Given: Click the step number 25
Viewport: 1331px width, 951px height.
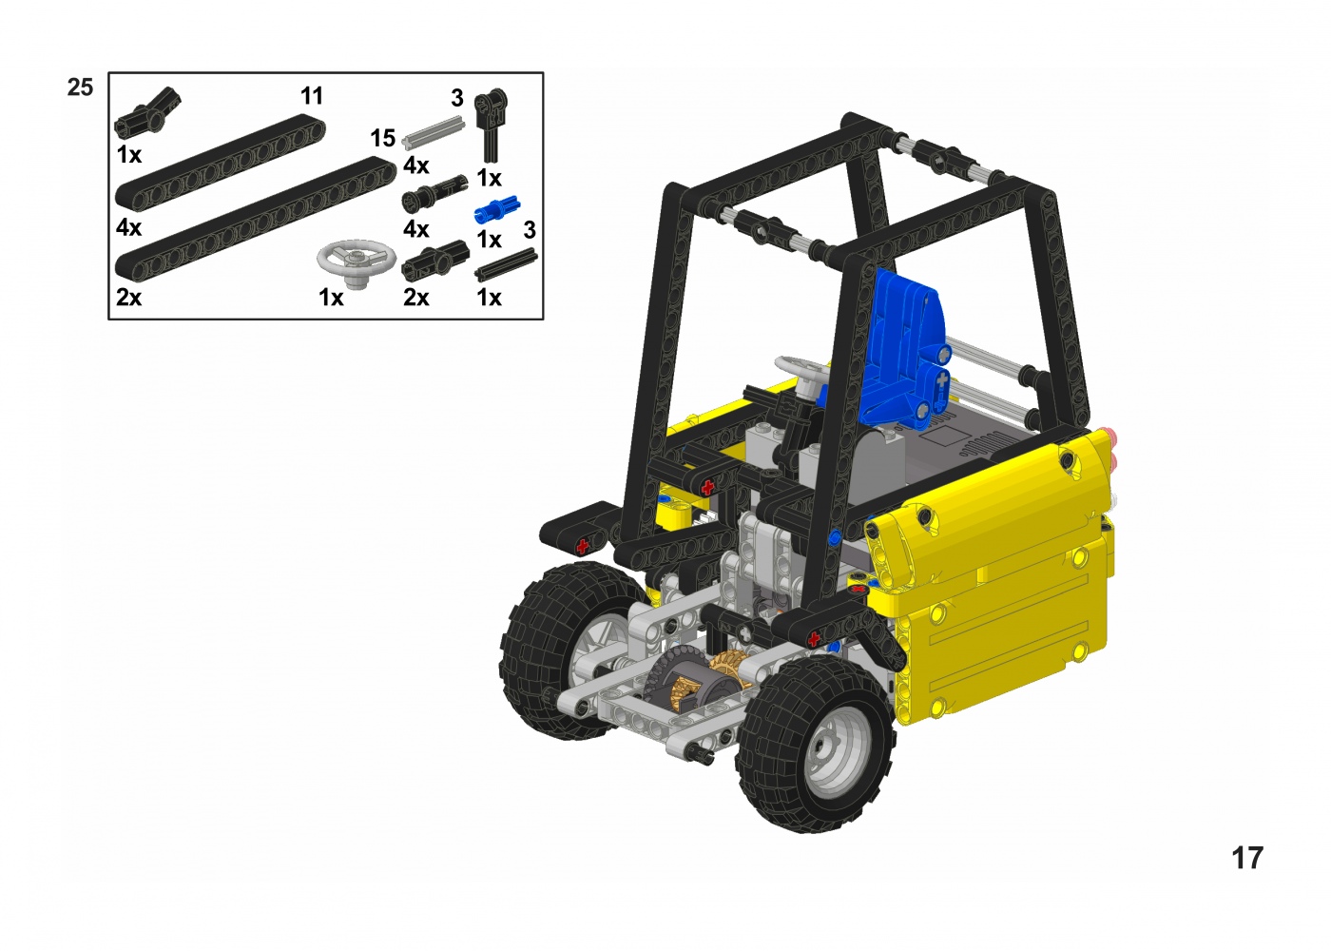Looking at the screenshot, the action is pyautogui.click(x=80, y=87).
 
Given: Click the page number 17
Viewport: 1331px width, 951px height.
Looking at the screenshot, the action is pyautogui.click(x=1247, y=858).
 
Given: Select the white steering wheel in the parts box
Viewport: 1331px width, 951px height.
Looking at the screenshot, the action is pyautogui.click(x=357, y=263).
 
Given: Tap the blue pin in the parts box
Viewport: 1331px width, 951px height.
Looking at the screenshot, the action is pyautogui.click(x=497, y=208).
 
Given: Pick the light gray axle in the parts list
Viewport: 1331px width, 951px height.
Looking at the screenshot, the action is pyautogui.click(x=434, y=132).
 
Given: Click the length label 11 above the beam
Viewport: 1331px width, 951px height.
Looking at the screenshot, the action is pyautogui.click(x=312, y=96).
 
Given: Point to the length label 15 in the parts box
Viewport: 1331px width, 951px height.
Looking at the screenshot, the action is pyautogui.click(x=382, y=139).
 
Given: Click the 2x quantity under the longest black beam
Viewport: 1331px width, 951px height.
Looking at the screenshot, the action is pyautogui.click(x=129, y=297).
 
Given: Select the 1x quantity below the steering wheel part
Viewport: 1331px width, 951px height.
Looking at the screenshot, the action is pyautogui.click(x=331, y=297).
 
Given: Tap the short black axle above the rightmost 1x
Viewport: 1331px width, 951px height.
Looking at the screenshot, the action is pyautogui.click(x=506, y=265).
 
